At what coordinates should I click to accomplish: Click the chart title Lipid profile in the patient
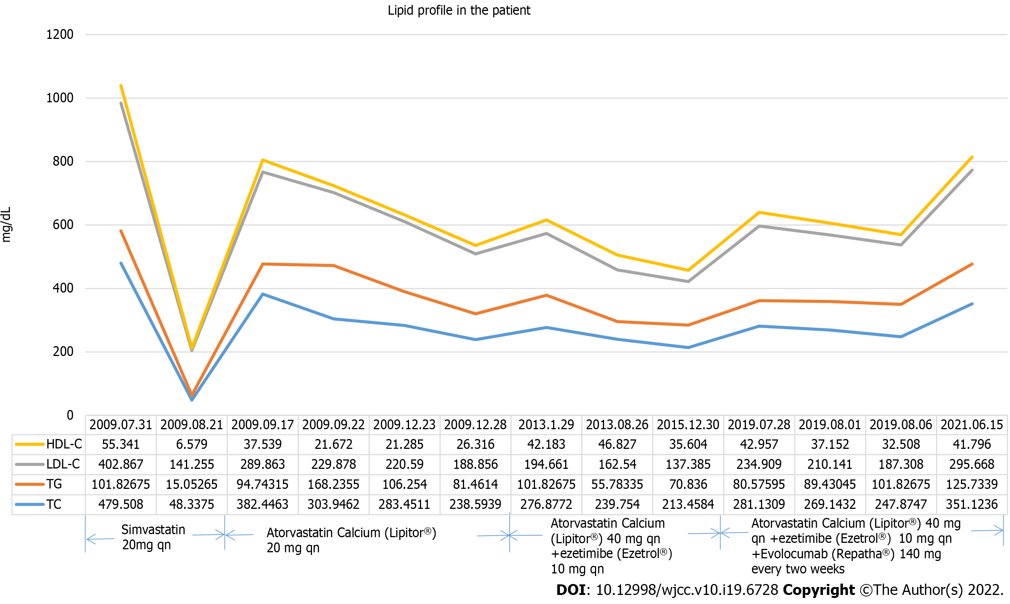click(x=458, y=10)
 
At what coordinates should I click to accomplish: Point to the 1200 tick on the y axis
click(x=60, y=35)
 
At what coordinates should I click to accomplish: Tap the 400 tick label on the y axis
click(x=63, y=288)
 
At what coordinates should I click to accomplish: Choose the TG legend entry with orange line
click(x=54, y=484)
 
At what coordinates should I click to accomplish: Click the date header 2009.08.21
click(x=192, y=425)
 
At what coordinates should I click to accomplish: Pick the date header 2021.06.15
click(x=972, y=425)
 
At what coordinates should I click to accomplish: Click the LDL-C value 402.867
click(x=121, y=464)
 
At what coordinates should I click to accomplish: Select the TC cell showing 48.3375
click(x=192, y=504)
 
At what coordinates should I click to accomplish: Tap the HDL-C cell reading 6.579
click(x=192, y=444)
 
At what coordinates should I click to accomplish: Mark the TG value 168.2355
click(x=333, y=484)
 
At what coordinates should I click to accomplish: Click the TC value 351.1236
click(x=972, y=504)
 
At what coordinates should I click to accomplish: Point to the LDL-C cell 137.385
click(x=688, y=464)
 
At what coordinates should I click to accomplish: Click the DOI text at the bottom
click(x=667, y=590)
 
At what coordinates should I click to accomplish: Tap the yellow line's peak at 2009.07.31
click(x=121, y=86)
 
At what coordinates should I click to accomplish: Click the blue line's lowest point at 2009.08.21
click(x=192, y=400)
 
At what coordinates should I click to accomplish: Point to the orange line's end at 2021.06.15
click(x=972, y=264)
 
